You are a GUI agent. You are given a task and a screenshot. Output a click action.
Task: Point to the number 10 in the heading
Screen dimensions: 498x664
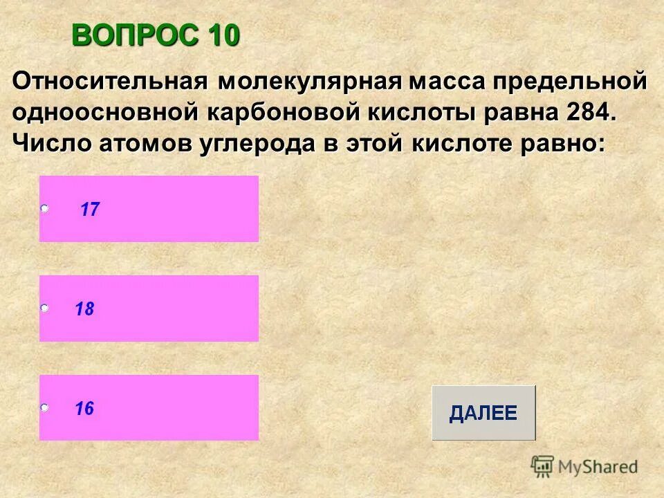coord(221,35)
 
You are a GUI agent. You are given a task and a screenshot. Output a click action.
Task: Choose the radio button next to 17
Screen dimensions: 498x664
coord(44,208)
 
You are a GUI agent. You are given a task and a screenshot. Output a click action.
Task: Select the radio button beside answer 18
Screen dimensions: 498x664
coord(44,308)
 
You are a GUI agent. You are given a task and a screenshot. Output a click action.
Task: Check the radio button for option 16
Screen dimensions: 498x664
coord(44,408)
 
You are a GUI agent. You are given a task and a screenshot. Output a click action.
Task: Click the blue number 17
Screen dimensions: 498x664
coord(90,210)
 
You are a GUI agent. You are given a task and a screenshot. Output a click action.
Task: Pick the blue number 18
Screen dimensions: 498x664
coord(84,309)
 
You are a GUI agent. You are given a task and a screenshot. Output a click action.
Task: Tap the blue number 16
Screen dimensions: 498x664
coord(84,409)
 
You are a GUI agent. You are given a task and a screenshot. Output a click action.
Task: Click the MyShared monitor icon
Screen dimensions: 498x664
coord(542,466)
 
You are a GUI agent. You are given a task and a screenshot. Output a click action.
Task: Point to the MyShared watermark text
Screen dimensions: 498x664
coord(598,468)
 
